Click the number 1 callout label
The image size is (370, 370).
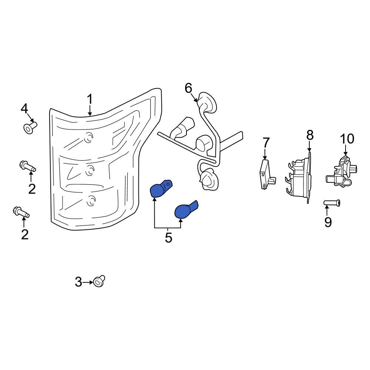tap(90, 100)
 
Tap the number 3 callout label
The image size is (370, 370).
tap(78, 282)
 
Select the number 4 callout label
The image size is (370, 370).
tap(24, 109)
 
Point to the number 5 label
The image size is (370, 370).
tap(168, 238)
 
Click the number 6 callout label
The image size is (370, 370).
tap(188, 88)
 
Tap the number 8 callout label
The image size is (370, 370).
tap(310, 135)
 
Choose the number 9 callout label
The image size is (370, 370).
tap(328, 222)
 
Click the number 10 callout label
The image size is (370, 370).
tap(347, 139)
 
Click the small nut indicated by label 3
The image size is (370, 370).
tap(99, 281)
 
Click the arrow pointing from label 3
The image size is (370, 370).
tap(88, 282)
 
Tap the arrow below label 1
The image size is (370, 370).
tap(90, 110)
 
